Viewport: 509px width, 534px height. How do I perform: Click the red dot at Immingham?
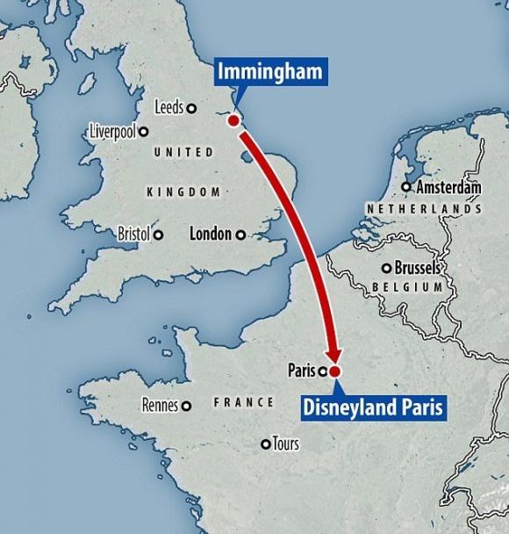click(234, 120)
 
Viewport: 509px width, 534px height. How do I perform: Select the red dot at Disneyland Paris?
click(334, 372)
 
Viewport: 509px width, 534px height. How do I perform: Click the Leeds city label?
click(168, 107)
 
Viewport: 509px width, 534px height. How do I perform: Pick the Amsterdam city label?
click(448, 187)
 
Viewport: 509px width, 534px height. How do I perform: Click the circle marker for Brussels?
click(386, 268)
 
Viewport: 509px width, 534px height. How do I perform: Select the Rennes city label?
click(159, 406)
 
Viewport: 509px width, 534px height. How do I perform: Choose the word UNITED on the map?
click(183, 153)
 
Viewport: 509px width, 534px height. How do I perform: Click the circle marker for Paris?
click(321, 371)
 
